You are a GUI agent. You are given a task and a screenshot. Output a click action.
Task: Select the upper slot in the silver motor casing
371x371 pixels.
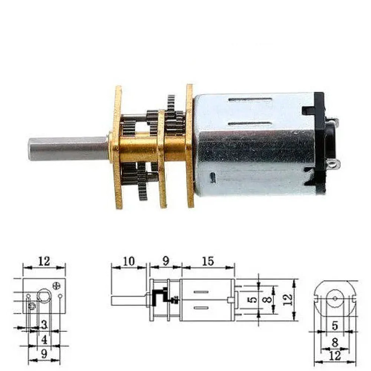[x=250, y=99]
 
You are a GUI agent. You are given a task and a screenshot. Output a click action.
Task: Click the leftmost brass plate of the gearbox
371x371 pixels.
[x=118, y=147]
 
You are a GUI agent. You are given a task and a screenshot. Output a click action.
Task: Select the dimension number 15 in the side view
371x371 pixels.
[x=208, y=261]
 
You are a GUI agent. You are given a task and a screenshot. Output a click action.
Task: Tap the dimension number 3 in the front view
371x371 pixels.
[x=44, y=325]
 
